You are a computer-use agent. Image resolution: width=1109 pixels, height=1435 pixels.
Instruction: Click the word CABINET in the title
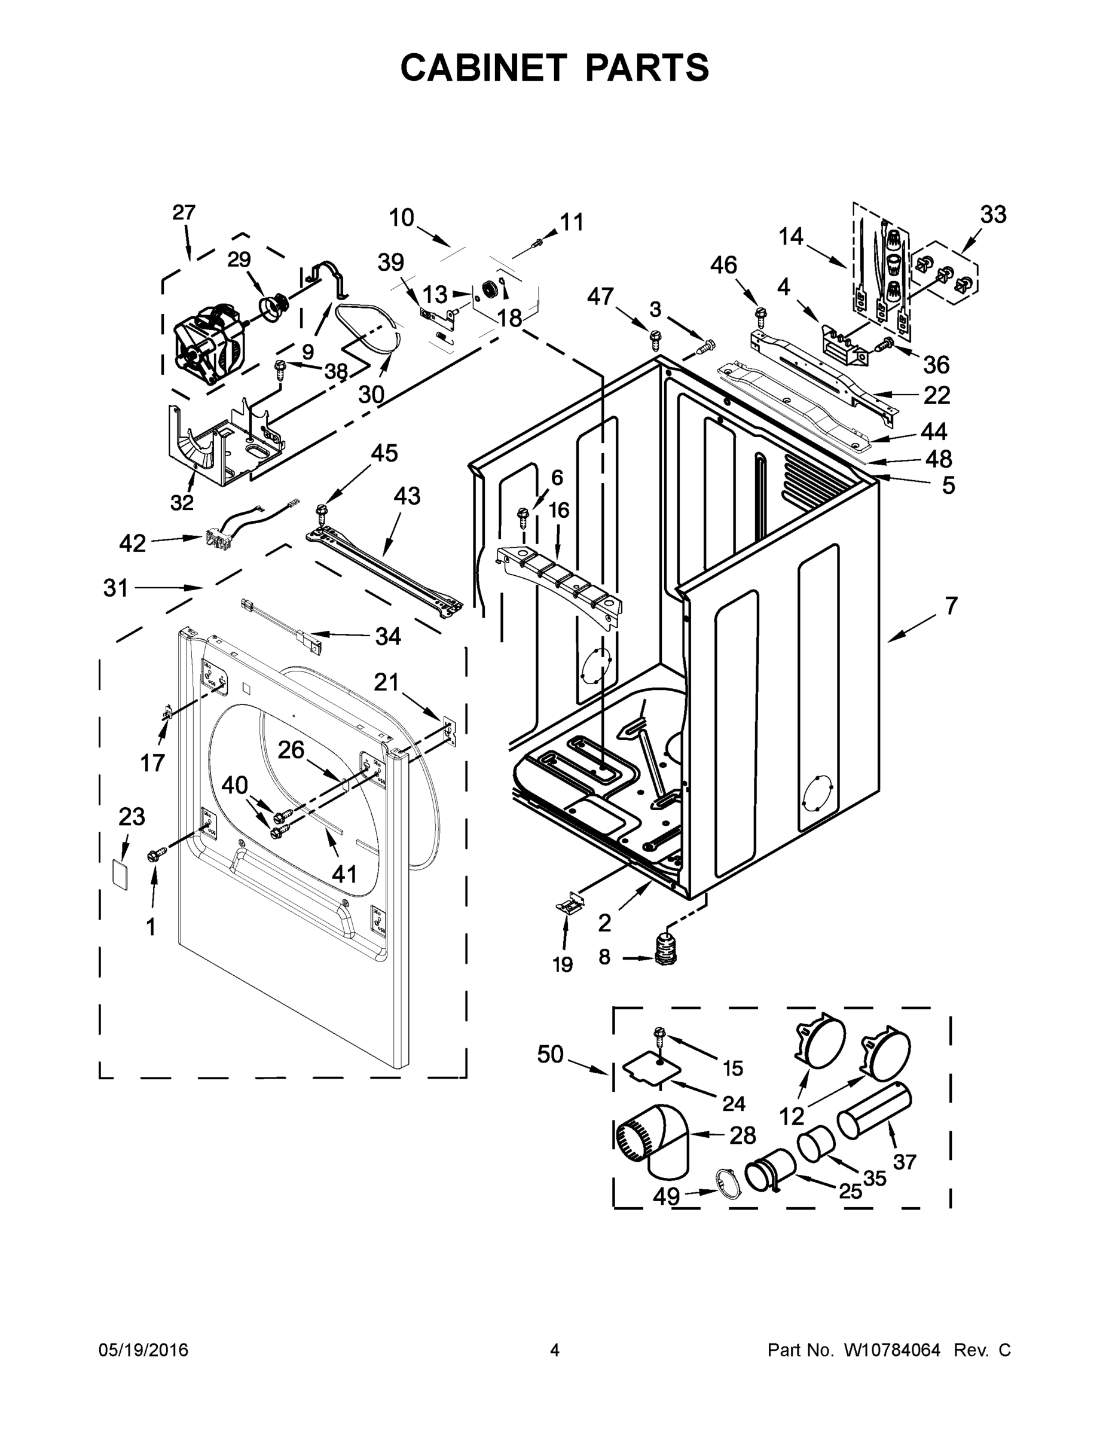pyautogui.click(x=483, y=68)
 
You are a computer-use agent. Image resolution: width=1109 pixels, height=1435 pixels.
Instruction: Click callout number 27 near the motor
pyautogui.click(x=184, y=213)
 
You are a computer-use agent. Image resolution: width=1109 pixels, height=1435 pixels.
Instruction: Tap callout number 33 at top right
pyautogui.click(x=992, y=215)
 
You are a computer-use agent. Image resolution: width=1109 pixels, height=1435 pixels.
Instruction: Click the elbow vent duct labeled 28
pyautogui.click(x=650, y=1143)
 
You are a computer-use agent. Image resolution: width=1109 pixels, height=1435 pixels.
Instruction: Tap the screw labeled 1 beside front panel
pyautogui.click(x=158, y=854)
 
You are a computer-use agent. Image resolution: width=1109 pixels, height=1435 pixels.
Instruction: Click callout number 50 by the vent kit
pyautogui.click(x=551, y=1055)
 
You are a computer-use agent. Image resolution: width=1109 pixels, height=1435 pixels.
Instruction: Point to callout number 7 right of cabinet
pyautogui.click(x=951, y=604)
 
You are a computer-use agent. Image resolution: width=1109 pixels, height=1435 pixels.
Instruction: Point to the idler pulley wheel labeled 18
pyautogui.click(x=488, y=288)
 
